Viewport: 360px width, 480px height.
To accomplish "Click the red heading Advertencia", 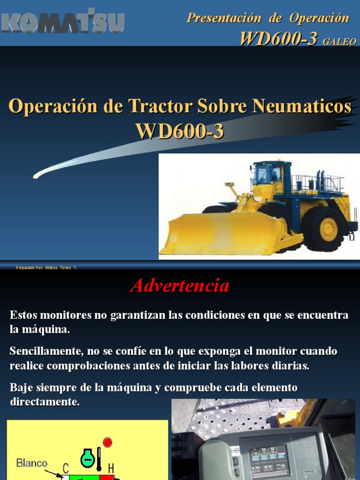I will (x=180, y=285).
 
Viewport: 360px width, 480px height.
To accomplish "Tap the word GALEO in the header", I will (x=339, y=42).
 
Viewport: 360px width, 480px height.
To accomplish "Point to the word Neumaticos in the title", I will (x=301, y=106).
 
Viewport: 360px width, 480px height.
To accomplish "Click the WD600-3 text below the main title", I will (x=180, y=131).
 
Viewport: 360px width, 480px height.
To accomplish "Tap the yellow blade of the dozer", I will (x=220, y=233).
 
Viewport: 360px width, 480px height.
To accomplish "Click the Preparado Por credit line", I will (x=46, y=267).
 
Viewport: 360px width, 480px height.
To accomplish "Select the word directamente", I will (x=45, y=402).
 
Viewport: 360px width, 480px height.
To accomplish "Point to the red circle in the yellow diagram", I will (x=108, y=442).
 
